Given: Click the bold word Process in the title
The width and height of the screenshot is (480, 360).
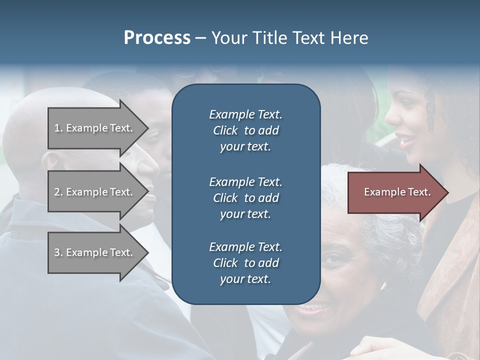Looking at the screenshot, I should (x=157, y=38).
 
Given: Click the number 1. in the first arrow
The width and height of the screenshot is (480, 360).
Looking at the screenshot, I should (x=58, y=128).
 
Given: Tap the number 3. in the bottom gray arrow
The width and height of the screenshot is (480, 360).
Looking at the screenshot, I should (x=58, y=252).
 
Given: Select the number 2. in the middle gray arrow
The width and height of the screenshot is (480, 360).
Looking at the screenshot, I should (x=58, y=192).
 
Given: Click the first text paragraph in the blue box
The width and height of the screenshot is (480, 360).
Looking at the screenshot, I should (x=245, y=130).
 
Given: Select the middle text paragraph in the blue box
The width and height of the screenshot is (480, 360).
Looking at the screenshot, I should (x=245, y=197).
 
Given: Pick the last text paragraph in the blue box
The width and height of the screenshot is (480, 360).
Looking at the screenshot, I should (x=245, y=263).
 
